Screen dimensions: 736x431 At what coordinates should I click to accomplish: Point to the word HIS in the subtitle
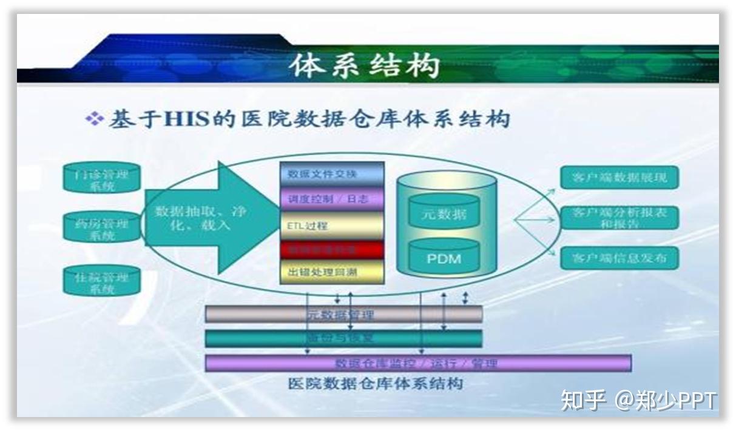pos(186,118)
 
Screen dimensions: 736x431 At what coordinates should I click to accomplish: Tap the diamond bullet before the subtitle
pos(94,118)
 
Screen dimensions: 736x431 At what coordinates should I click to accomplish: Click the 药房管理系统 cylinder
pos(101,228)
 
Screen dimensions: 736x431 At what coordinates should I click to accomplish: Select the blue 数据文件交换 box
pos(331,174)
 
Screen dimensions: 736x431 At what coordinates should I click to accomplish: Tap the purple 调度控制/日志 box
pos(331,199)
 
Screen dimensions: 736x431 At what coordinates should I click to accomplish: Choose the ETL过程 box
pos(331,226)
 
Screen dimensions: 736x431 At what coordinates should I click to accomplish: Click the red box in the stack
pos(331,249)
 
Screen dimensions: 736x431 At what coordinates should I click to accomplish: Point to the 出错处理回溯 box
pos(331,272)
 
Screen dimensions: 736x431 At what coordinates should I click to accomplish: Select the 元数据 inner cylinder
pos(444,213)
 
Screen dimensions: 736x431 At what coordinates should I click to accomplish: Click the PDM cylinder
pos(444,258)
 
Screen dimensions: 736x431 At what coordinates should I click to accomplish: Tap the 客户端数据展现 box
pos(619,178)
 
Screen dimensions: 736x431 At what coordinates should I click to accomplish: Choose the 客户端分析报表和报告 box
pos(619,218)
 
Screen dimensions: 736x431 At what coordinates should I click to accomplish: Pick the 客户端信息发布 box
pos(619,258)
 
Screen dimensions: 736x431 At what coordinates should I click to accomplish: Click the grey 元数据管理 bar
pos(343,314)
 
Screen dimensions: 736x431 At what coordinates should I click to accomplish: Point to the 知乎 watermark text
pos(583,400)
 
